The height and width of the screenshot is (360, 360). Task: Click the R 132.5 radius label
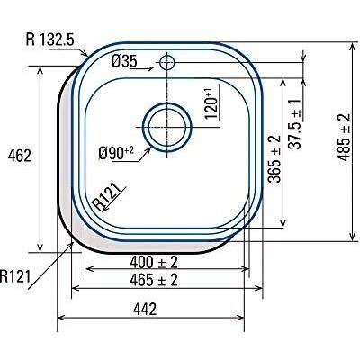[x=55, y=40]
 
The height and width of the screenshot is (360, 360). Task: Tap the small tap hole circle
[x=167, y=63]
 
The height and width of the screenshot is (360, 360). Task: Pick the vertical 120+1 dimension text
[x=211, y=103]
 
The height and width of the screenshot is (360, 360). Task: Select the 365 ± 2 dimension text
[x=275, y=158]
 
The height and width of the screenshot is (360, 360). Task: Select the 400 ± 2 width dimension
[x=154, y=262]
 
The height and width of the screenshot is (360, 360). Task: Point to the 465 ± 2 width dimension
[x=154, y=281]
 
